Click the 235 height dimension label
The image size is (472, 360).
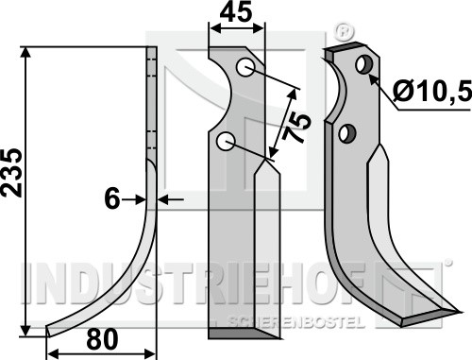click(12, 173)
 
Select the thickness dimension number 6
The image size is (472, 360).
click(112, 198)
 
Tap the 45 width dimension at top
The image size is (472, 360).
click(236, 11)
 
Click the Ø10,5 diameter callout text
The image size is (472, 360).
click(432, 91)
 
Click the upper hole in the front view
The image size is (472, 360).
click(245, 67)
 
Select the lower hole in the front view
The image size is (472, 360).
click(226, 142)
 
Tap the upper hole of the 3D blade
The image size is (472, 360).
click(364, 64)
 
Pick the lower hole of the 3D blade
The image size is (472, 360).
click(347, 133)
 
